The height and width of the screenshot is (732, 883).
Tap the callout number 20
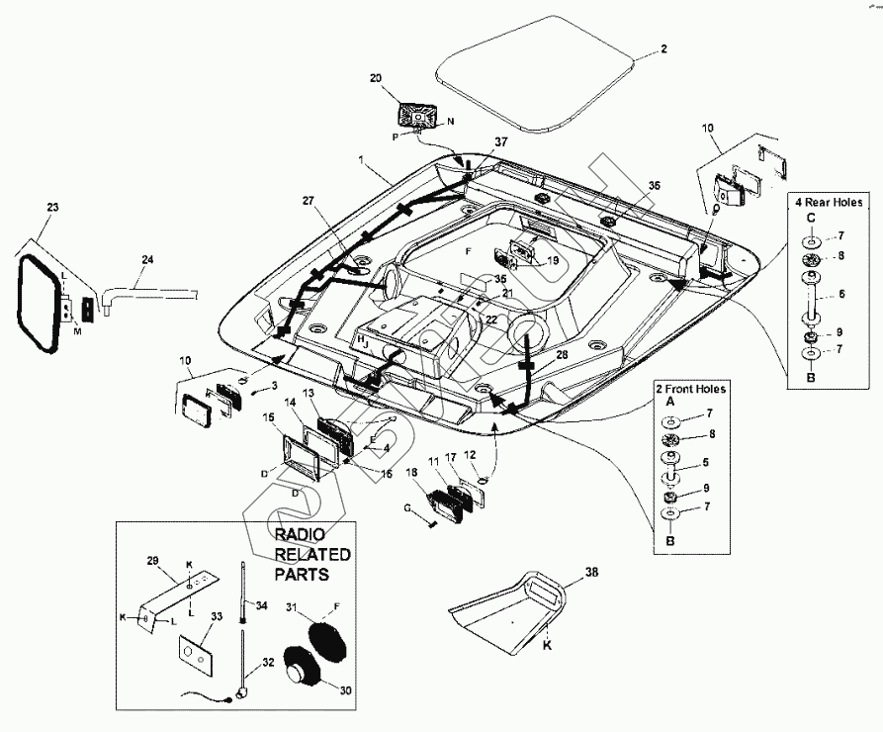coord(375,78)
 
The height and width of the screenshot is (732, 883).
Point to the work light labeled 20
coord(419,114)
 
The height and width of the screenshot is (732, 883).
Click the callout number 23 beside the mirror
coord(52,208)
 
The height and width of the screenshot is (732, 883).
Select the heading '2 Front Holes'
coord(690,389)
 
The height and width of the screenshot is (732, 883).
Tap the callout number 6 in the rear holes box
coord(840,295)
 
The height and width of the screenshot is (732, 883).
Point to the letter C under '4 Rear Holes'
coord(810,219)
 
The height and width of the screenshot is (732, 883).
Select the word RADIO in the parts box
coord(298,534)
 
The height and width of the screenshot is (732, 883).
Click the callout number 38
coord(591,573)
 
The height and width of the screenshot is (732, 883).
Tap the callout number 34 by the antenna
coord(261,605)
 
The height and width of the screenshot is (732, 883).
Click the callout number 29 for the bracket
coord(152,561)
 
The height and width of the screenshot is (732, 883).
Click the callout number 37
coord(500,142)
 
